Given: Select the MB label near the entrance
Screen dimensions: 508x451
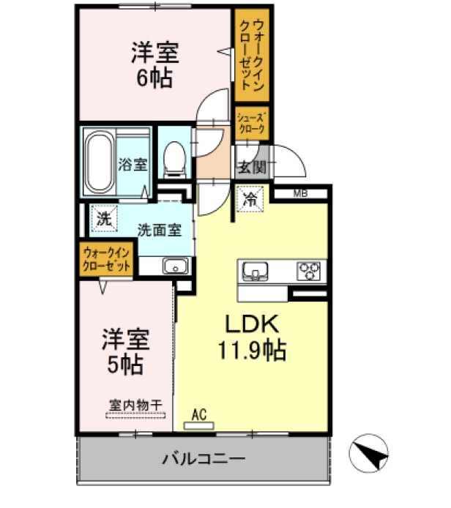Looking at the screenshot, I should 299,194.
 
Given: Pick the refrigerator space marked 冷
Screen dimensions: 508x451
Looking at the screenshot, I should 250,198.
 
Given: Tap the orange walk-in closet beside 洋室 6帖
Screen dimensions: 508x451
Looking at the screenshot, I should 251,54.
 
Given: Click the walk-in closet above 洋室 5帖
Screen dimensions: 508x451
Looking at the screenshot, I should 106,260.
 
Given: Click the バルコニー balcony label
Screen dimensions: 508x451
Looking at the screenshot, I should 203,459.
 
